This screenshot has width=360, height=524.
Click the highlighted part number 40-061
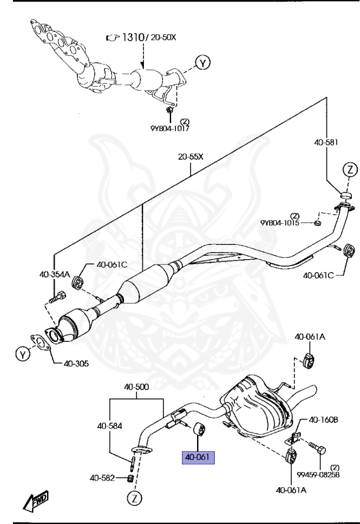(198, 458)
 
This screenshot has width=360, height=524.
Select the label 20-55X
(192, 156)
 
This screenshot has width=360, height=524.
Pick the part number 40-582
(103, 477)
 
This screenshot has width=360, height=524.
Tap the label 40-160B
(325, 420)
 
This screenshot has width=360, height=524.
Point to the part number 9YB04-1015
(280, 223)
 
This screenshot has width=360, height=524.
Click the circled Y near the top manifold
(202, 63)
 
